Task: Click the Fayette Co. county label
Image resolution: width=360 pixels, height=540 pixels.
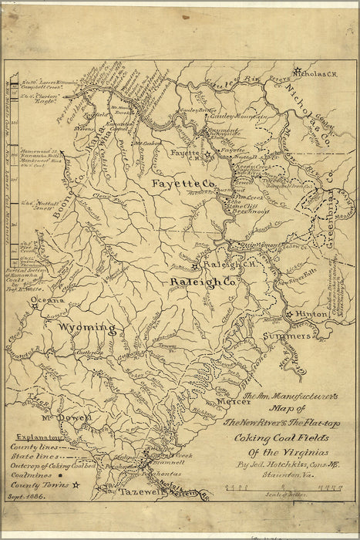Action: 183,184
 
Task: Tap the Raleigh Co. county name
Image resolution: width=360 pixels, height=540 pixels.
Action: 203,283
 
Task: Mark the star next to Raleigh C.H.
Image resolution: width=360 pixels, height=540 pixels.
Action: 197,265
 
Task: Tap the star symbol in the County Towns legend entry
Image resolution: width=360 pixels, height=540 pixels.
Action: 76,485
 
